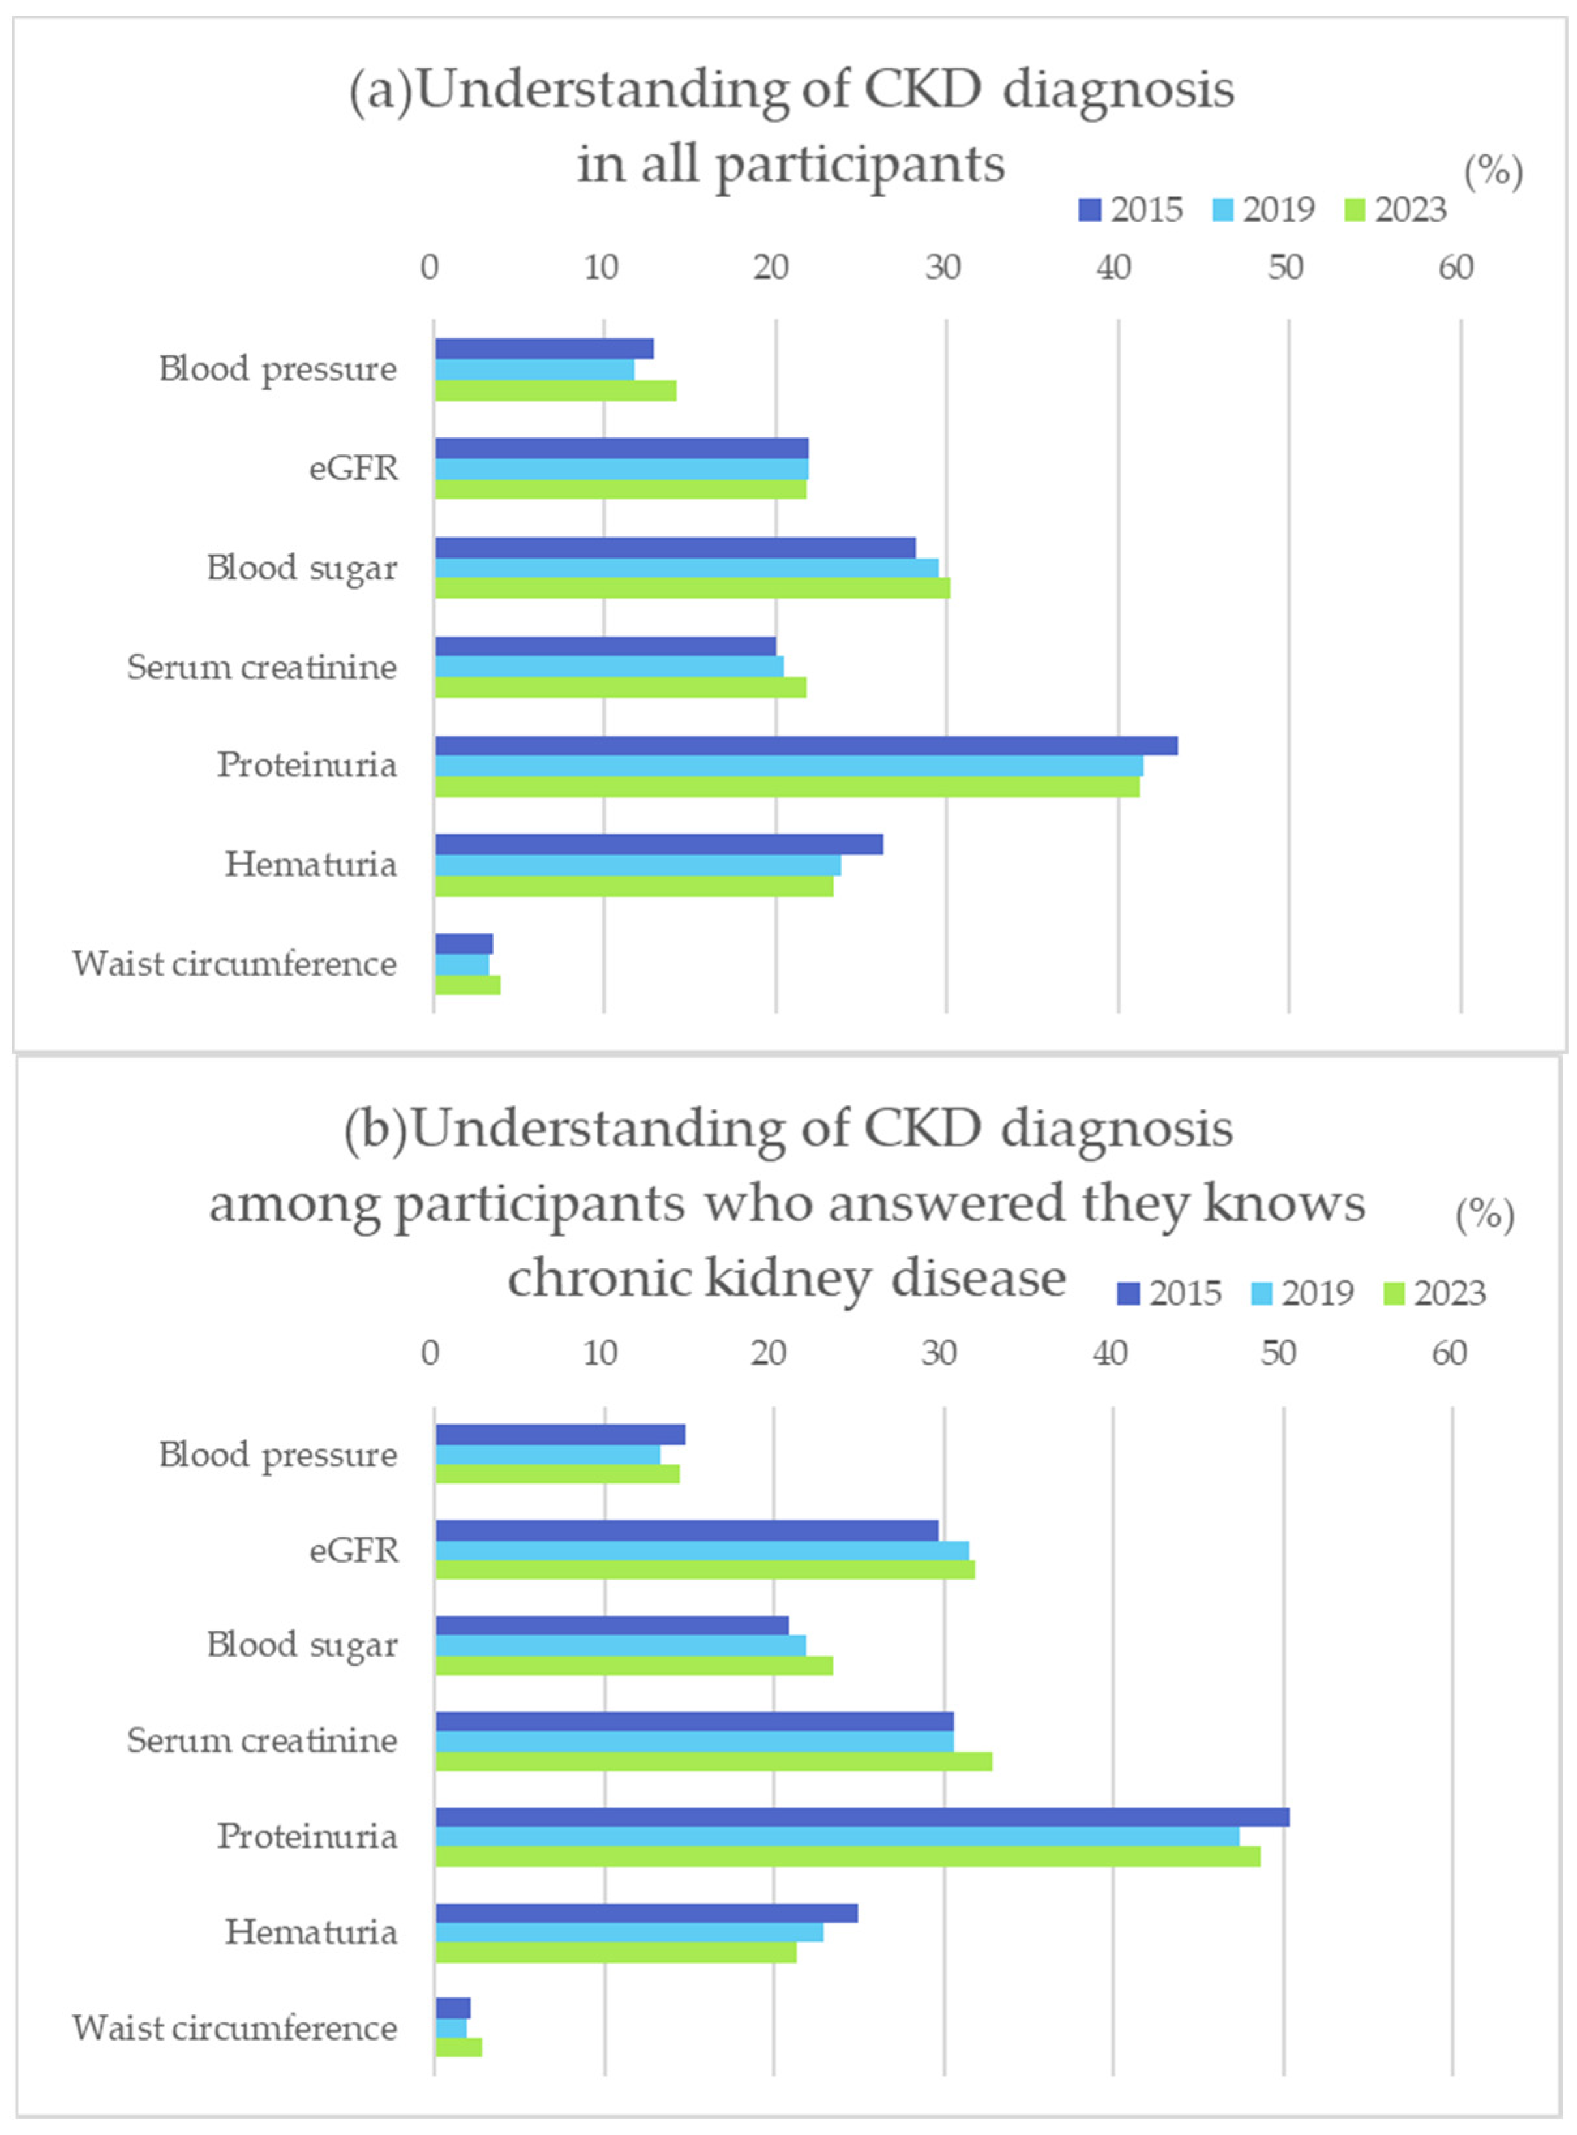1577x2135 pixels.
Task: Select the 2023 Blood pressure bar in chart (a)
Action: point(555,390)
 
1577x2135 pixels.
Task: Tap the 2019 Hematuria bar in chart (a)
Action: point(638,865)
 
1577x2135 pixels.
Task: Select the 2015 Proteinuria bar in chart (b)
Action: point(861,1817)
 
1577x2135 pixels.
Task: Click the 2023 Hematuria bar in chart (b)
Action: point(615,1953)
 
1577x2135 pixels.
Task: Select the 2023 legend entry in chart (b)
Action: point(1435,1293)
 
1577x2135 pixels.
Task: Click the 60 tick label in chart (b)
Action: point(1449,1354)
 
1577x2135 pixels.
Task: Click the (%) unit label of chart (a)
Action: point(1493,171)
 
